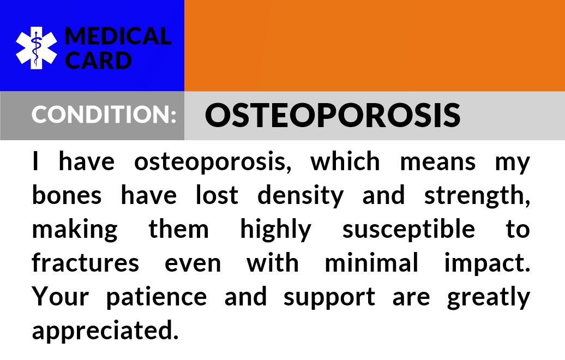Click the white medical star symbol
click(x=36, y=48)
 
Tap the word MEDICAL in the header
click(x=118, y=37)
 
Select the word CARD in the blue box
click(x=98, y=60)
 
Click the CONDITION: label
click(x=104, y=114)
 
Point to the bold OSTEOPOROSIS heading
click(x=333, y=115)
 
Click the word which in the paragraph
click(x=345, y=161)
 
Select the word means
click(x=438, y=162)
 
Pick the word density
click(x=300, y=196)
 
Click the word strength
click(x=476, y=196)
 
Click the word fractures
click(x=86, y=263)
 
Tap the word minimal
click(x=371, y=263)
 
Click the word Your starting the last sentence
click(x=60, y=297)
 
